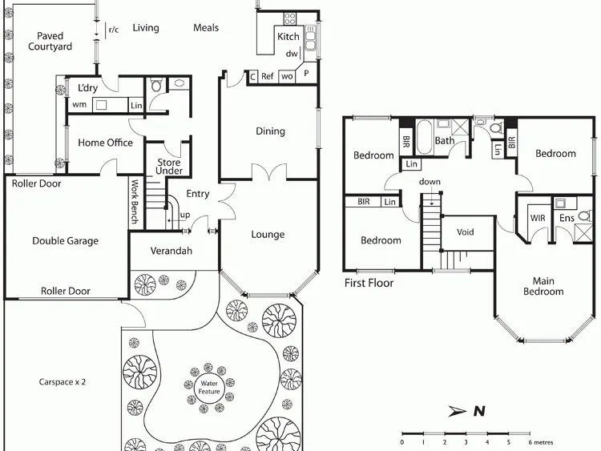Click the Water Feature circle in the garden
click(209, 388)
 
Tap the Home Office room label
click(106, 143)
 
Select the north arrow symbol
click(458, 411)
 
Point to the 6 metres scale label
click(540, 442)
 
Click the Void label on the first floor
click(466, 232)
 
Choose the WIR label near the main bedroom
click(538, 218)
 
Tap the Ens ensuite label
click(567, 218)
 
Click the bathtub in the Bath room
click(424, 136)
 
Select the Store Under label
click(169, 167)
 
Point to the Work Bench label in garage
click(135, 202)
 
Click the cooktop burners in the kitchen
click(290, 18)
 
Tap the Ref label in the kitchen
click(267, 76)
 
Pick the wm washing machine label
click(79, 104)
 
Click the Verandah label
click(171, 251)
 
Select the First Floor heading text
click(369, 283)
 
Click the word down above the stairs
click(430, 182)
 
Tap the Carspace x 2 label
click(62, 382)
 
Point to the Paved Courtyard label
click(50, 41)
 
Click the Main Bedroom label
click(543, 286)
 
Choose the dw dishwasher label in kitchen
click(292, 54)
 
